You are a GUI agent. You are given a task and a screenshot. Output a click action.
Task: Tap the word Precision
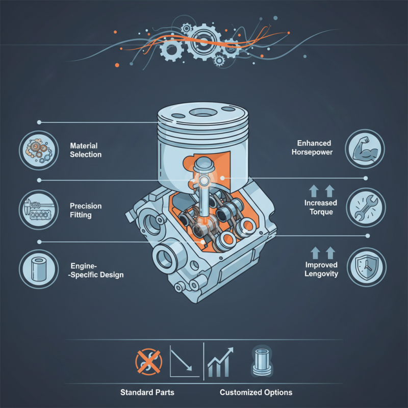pyautogui.click(x=86, y=206)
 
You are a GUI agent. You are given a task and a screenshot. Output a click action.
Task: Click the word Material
pyautogui.click(x=84, y=146)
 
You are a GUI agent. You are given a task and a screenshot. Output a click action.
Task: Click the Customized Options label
pyautogui.click(x=256, y=392)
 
